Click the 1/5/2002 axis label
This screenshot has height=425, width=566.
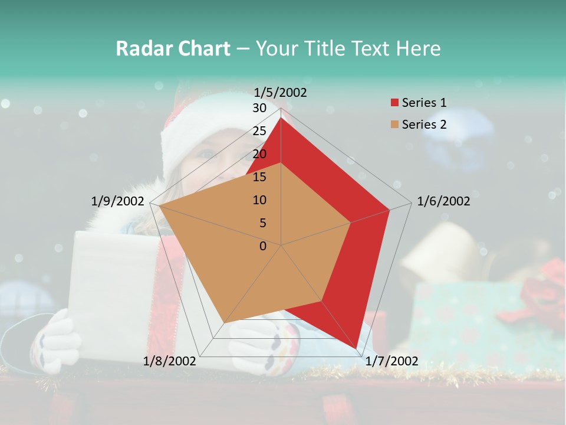[x=281, y=93]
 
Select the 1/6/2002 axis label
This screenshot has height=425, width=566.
[x=443, y=201]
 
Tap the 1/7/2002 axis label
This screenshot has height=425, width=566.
[x=391, y=361]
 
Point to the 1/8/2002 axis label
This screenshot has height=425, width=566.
[x=170, y=361]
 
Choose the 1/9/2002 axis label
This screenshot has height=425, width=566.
[x=118, y=201]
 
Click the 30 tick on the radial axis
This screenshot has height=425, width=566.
[x=259, y=108]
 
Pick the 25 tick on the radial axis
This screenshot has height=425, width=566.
[x=259, y=131]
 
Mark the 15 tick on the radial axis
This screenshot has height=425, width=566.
[x=259, y=177]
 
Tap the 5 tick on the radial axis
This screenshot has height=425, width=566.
[x=262, y=223]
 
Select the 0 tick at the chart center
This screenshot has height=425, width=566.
[x=263, y=246]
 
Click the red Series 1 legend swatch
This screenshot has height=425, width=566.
[x=395, y=103]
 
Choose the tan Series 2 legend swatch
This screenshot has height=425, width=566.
[x=395, y=125]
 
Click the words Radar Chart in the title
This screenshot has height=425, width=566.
[x=173, y=48]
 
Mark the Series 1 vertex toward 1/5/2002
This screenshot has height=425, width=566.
[x=281, y=117]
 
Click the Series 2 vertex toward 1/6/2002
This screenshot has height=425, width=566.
[x=351, y=223]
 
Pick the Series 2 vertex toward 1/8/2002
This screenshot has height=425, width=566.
[x=225, y=323]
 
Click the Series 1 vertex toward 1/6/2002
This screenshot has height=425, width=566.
[x=390, y=210]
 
